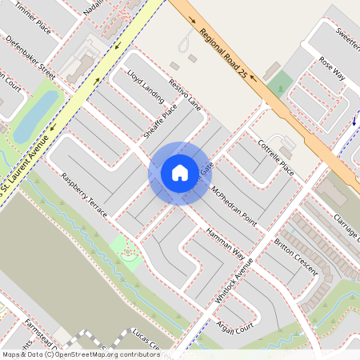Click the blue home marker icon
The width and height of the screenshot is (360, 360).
[179, 173]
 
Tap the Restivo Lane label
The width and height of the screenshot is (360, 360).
[185, 95]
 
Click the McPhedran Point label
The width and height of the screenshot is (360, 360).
[234, 206]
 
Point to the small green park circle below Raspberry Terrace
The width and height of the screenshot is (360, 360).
[126, 254]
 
